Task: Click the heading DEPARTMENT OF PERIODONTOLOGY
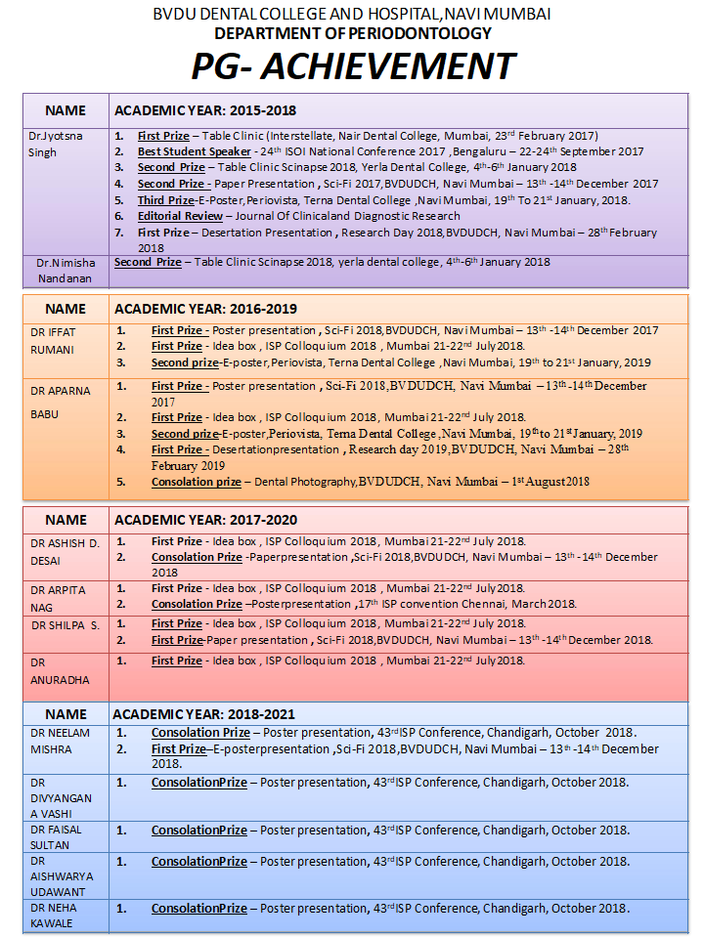tap(352, 33)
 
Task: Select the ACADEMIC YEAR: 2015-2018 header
tap(205, 110)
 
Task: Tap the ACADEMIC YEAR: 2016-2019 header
tap(205, 308)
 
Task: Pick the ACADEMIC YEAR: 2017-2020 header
tap(205, 520)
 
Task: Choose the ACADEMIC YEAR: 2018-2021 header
tap(203, 714)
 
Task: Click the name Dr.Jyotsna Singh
tap(56, 145)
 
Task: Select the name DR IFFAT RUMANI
tap(55, 340)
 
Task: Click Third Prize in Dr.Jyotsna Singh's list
tap(165, 199)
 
